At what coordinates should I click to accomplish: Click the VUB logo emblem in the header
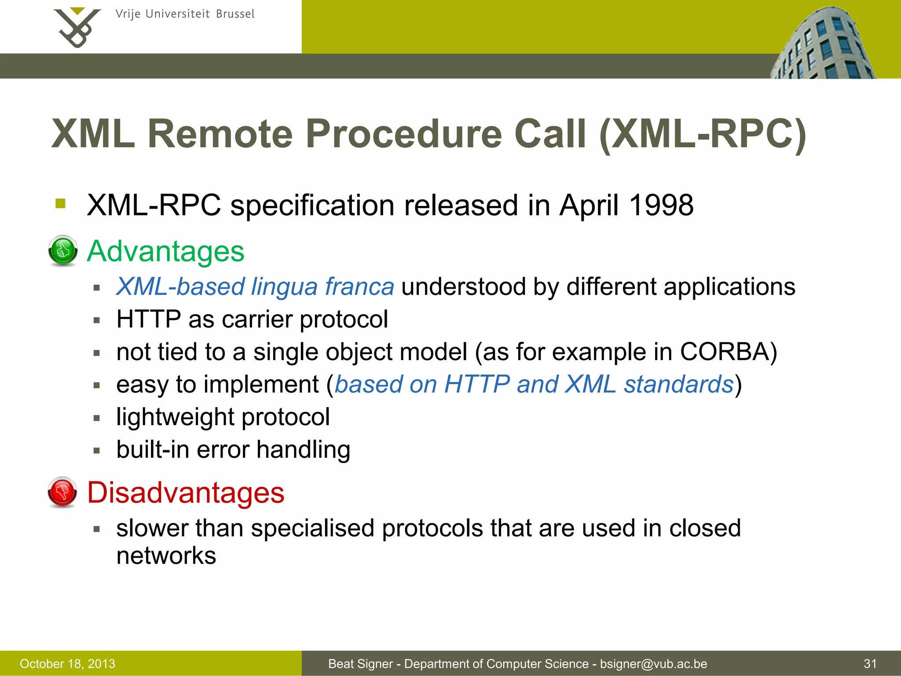point(77,27)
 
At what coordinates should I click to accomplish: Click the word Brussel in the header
point(235,14)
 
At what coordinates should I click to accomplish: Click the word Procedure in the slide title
point(403,134)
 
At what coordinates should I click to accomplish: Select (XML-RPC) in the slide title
point(703,135)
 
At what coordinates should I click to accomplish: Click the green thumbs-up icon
point(63,251)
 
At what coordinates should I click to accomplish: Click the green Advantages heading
point(165,251)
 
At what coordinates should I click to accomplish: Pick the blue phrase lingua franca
point(322,287)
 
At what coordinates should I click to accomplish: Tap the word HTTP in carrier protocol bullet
point(149,319)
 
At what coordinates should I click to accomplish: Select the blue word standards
point(678,384)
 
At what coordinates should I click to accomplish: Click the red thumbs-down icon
point(62,492)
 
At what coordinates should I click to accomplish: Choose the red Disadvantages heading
point(186,492)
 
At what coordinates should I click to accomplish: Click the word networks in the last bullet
point(166,555)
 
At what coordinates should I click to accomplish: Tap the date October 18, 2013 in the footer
point(67,664)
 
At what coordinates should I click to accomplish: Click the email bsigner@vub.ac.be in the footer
point(653,664)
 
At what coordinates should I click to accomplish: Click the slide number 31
point(870,664)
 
